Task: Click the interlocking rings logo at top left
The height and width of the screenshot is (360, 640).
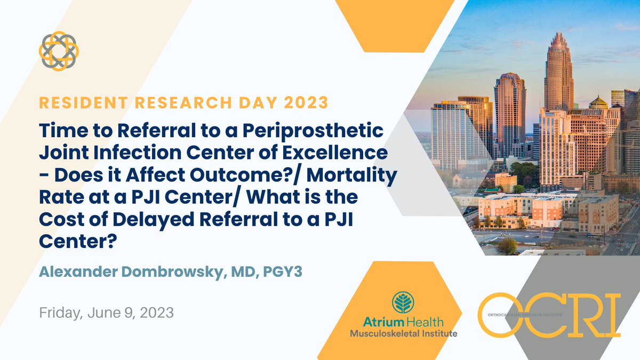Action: tap(59, 50)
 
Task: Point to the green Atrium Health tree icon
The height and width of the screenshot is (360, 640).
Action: tap(404, 302)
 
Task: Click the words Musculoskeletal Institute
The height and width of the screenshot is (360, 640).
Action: tap(403, 333)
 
